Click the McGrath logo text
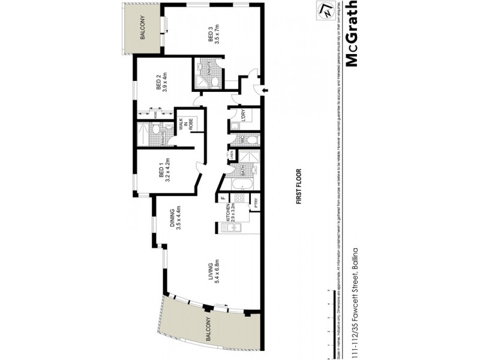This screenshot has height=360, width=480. pyautogui.click(x=353, y=36)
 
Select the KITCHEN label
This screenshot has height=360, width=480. pyautogui.click(x=229, y=215)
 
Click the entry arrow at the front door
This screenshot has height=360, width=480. pyautogui.click(x=265, y=91)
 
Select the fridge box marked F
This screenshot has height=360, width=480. pyautogui.click(x=223, y=197)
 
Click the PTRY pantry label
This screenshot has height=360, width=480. pyautogui.click(x=255, y=203)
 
